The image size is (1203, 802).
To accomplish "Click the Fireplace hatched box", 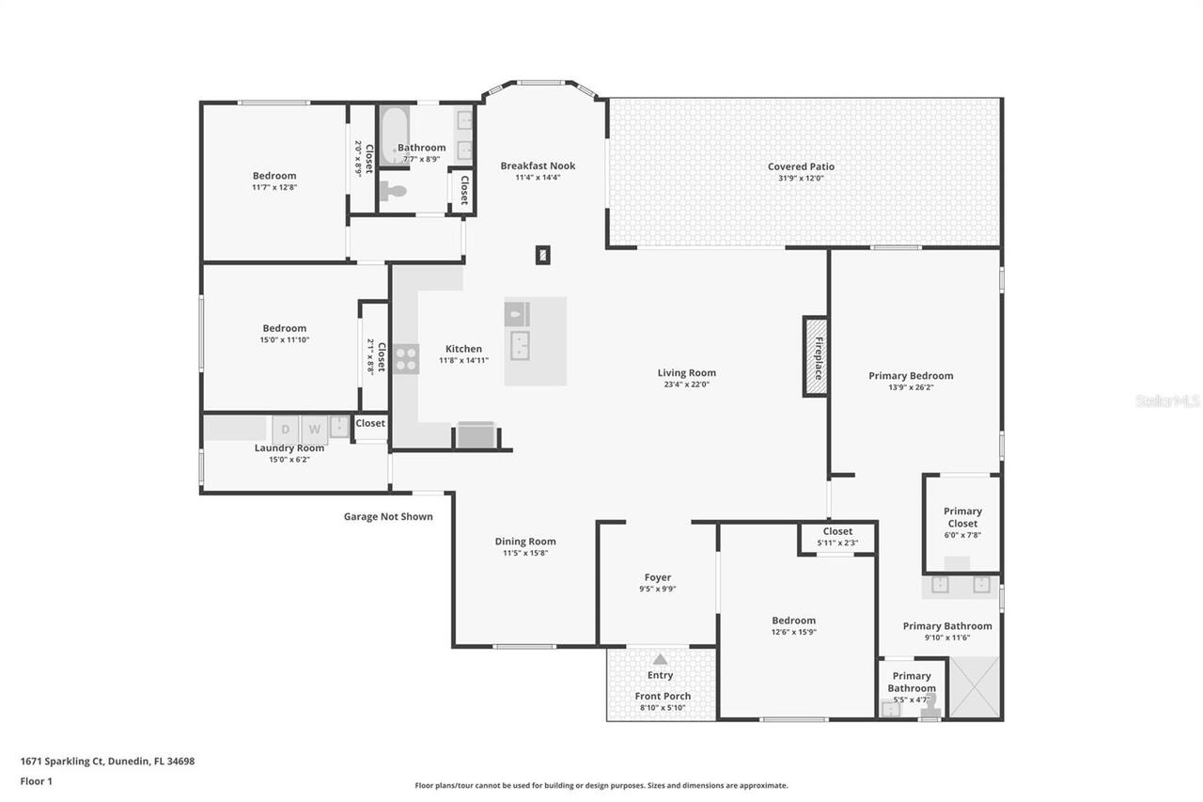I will pos(815,356).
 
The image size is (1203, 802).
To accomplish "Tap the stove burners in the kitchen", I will pos(406,358).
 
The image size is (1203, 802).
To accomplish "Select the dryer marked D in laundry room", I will pos(287,430).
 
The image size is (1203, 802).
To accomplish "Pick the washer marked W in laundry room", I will pos(315,430).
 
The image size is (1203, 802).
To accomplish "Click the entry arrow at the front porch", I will pos(660,659).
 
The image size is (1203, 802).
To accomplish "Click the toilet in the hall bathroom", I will pos(395,191).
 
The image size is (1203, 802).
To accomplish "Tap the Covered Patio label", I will pos(801,166).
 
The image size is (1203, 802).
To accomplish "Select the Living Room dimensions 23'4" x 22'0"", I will pos(686,385).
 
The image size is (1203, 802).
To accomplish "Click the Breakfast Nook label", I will pos(538,165).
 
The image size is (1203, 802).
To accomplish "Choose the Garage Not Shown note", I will pos(388,516).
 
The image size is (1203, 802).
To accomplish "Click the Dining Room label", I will pos(525,541).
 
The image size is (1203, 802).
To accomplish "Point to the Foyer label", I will pos(658,577).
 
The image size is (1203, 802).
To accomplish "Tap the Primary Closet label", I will pos(962,517).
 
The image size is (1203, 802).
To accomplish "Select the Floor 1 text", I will pos(36,780).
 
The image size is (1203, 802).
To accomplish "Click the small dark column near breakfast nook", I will pos(542,254).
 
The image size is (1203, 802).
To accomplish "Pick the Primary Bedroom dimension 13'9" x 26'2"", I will pos(910,387).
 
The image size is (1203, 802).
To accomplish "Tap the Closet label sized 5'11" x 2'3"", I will pos(837,543).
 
